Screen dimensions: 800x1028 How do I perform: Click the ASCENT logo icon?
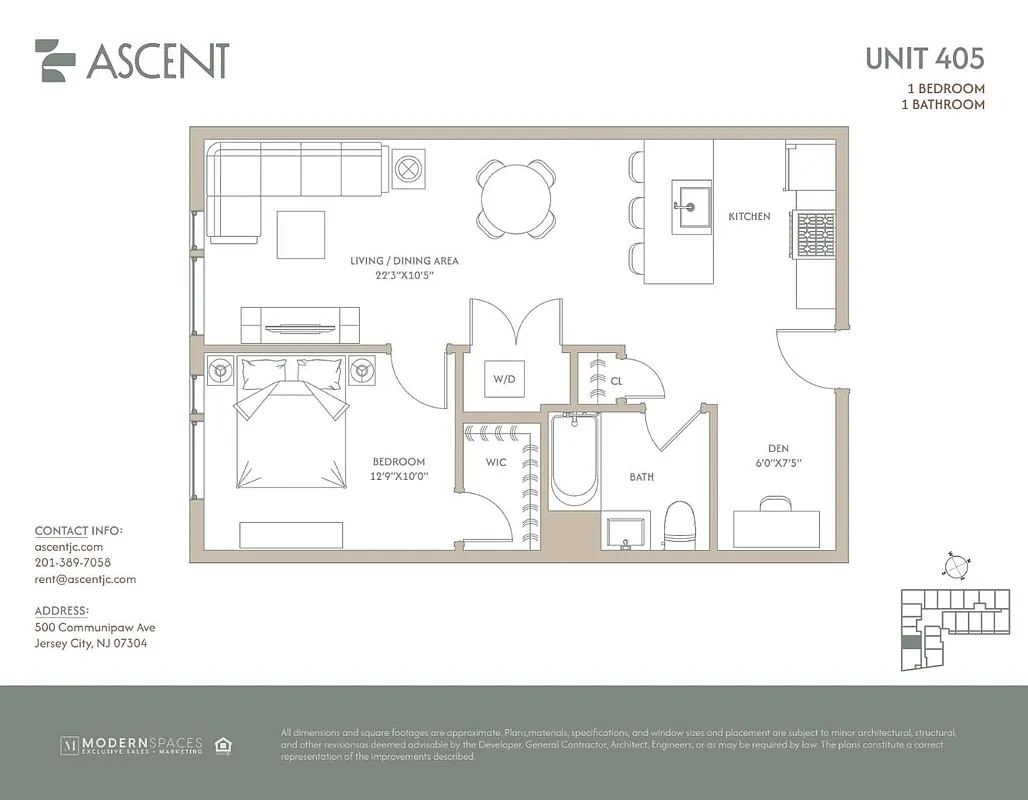click(x=55, y=61)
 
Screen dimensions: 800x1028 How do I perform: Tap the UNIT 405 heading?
click(x=924, y=58)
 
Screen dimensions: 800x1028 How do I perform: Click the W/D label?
click(x=502, y=380)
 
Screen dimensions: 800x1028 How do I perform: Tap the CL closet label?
click(x=616, y=381)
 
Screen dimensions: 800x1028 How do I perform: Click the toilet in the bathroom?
click(x=680, y=524)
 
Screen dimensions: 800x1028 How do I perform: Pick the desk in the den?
click(x=776, y=527)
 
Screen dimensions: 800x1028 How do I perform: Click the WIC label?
click(x=496, y=462)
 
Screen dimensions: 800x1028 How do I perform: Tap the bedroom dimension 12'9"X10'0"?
click(x=400, y=477)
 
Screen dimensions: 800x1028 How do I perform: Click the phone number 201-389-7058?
click(x=73, y=563)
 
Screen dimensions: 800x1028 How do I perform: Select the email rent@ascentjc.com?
click(x=85, y=579)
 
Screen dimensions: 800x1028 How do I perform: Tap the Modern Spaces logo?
click(x=132, y=745)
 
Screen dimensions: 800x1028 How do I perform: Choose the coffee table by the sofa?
click(x=301, y=235)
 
